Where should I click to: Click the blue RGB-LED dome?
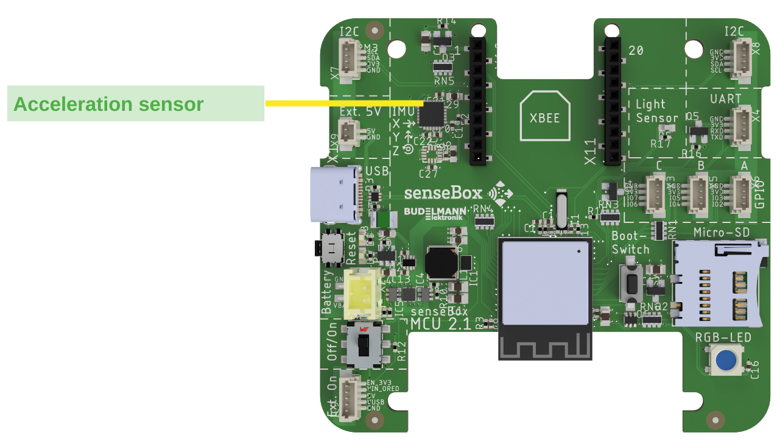[x=725, y=360]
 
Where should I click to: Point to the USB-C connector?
[x=335, y=195]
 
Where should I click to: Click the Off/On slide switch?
[x=364, y=345]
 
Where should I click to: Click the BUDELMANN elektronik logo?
[x=435, y=213]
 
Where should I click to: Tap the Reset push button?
[x=332, y=247]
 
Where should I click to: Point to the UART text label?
[x=726, y=99]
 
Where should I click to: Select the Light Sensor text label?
[x=656, y=111]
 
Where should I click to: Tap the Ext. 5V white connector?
[x=349, y=133]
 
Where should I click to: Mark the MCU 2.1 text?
[x=441, y=324]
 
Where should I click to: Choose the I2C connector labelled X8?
[x=741, y=60]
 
